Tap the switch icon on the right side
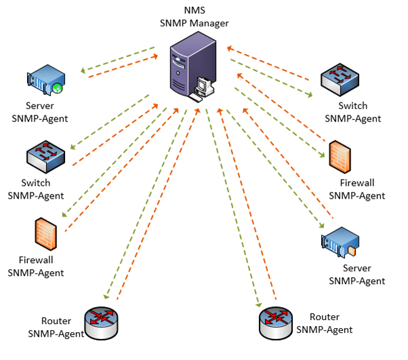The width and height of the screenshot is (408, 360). pos(341,81)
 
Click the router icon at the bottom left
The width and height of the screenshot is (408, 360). pos(102,320)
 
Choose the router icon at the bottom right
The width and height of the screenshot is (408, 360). pos(277,320)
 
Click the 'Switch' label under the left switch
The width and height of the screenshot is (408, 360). pos(36,183)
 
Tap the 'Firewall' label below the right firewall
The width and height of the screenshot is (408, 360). pos(357,183)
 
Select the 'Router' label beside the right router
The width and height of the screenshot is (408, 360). pos(324,317)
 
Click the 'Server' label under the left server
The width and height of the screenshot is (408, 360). pos(40,106)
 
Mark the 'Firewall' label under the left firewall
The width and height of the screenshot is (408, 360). pos(36,260)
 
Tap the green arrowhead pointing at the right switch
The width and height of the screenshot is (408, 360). pos(309,96)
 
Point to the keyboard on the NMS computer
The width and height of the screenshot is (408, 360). pos(197,98)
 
